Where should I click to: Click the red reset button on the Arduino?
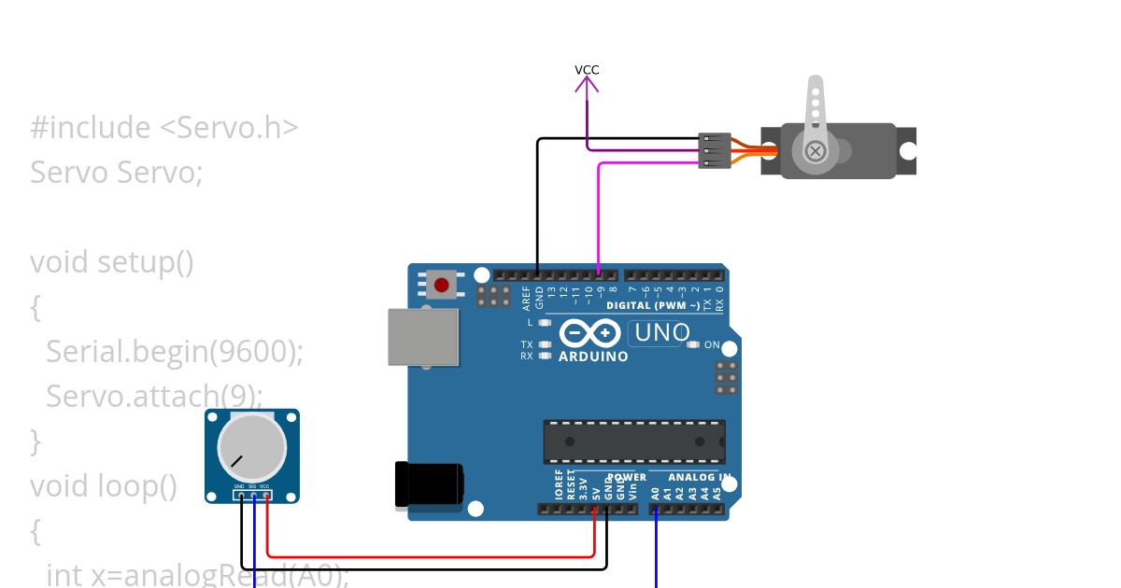(441, 284)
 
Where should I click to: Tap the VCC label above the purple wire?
(587, 70)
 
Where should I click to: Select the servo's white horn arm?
(816, 117)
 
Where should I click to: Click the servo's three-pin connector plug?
(715, 150)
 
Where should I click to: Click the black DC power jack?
(429, 484)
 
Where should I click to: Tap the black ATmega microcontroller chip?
(634, 441)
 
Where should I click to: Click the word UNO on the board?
(660, 332)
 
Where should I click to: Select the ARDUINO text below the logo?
(593, 357)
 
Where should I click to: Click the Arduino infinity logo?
(589, 333)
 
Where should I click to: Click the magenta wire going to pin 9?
(598, 215)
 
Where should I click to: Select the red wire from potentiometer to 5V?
(430, 556)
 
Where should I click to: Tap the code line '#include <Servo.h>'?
(164, 128)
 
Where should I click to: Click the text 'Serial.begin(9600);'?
(175, 352)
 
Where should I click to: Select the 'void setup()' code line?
(112, 262)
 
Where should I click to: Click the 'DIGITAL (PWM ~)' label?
(653, 306)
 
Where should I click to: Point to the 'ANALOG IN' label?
(699, 477)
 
